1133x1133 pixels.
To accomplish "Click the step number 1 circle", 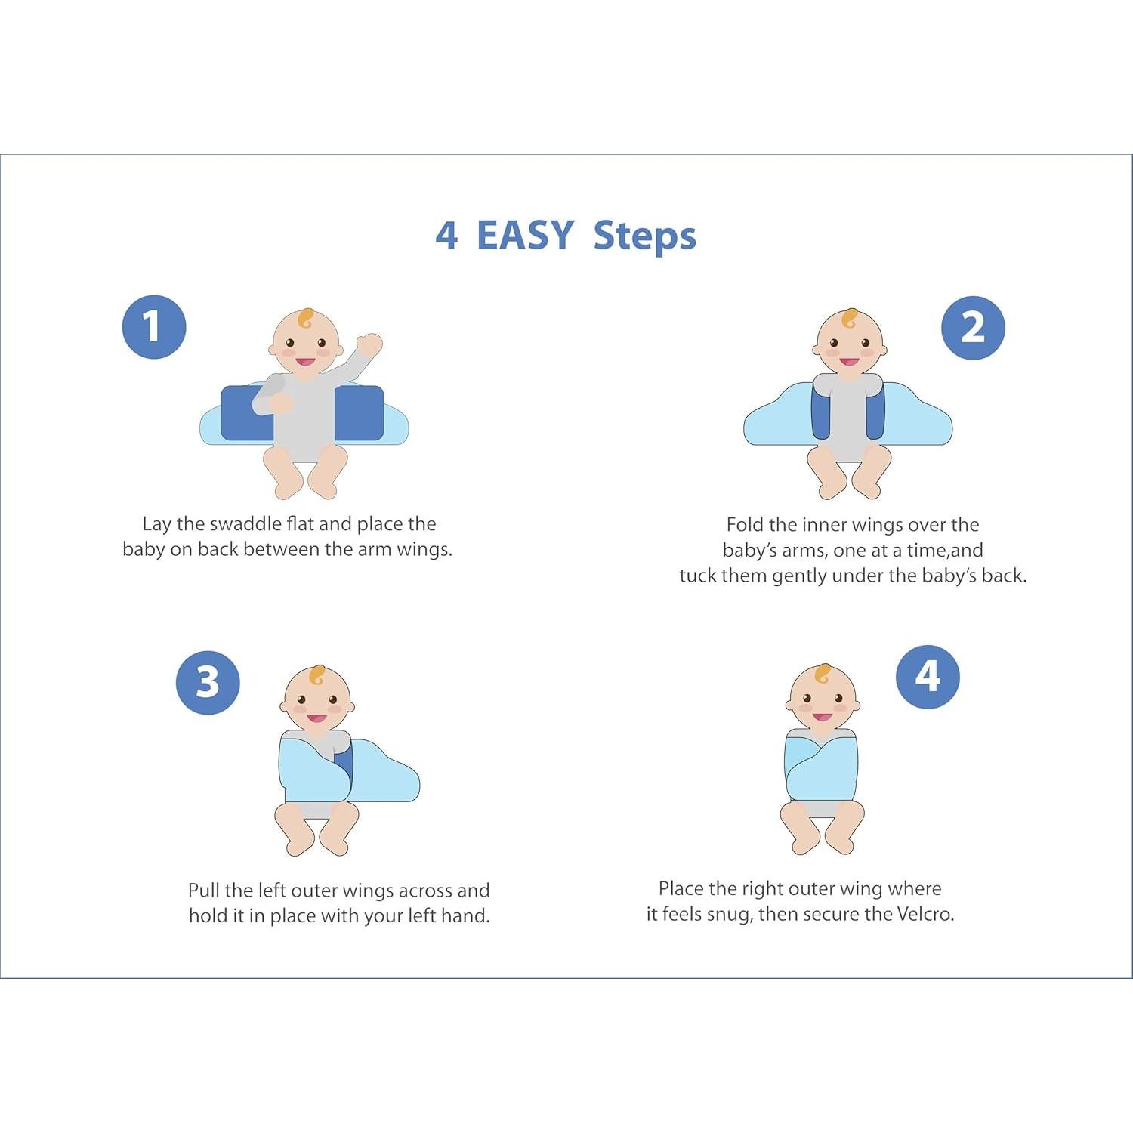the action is (154, 327).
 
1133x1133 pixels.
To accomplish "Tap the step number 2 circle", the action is (973, 328).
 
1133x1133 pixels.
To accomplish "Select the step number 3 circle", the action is (208, 683).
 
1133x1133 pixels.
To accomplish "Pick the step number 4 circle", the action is (928, 677).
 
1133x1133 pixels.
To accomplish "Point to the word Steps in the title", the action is (644, 236).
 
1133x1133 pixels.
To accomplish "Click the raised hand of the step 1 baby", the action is (369, 345).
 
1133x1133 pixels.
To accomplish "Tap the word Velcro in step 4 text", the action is (925, 914).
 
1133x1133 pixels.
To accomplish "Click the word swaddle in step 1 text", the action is (245, 523).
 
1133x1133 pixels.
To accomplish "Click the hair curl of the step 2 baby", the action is (850, 318).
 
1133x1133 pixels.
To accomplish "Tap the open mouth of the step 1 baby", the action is (305, 363).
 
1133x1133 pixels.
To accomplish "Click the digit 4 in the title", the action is (446, 236).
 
